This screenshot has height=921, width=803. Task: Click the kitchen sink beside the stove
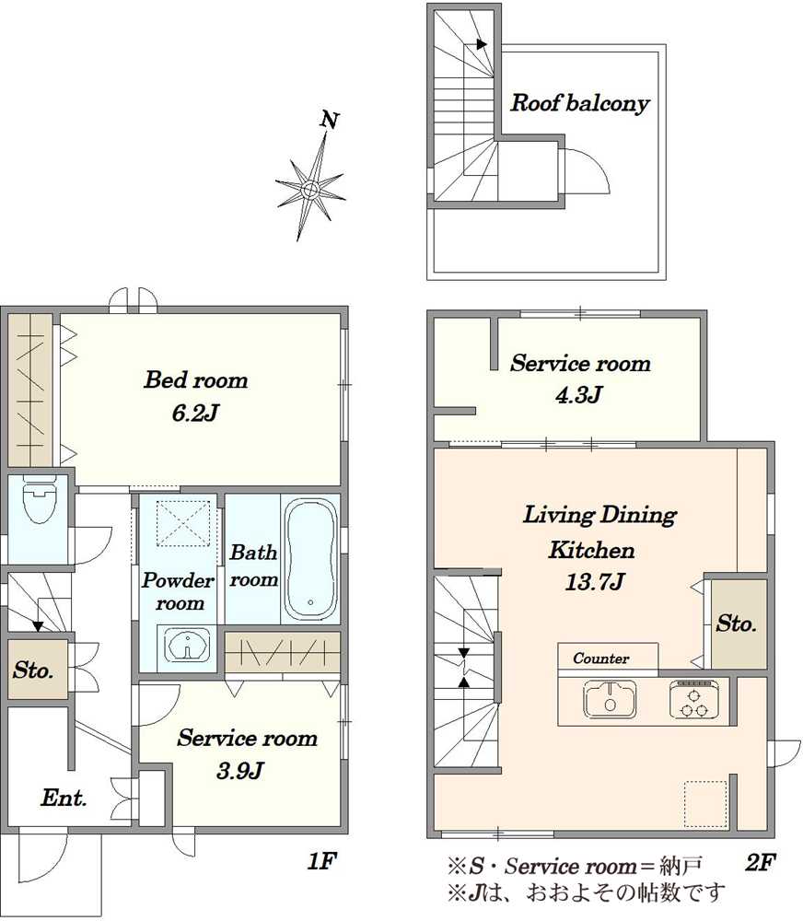pyautogui.click(x=610, y=698)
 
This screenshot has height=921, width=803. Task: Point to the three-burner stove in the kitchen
pyautogui.click(x=693, y=699)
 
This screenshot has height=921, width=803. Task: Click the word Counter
pyautogui.click(x=600, y=659)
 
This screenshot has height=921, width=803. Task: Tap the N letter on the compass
pyautogui.click(x=329, y=120)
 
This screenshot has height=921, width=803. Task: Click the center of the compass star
pyautogui.click(x=310, y=189)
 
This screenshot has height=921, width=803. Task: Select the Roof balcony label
pyautogui.click(x=580, y=103)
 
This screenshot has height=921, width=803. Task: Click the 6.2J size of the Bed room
pyautogui.click(x=195, y=413)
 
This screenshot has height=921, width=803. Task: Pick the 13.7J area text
pyautogui.click(x=595, y=581)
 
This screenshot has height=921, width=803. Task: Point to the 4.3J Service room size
pyautogui.click(x=578, y=394)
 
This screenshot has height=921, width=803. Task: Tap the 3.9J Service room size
pyautogui.click(x=239, y=770)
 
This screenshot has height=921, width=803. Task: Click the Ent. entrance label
pyautogui.click(x=64, y=797)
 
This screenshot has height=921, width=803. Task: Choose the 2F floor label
pyautogui.click(x=760, y=862)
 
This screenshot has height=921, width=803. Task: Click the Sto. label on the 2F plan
pyautogui.click(x=736, y=624)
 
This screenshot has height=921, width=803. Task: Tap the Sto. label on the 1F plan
pyautogui.click(x=33, y=670)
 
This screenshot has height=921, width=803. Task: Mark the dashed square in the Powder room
pyautogui.click(x=183, y=524)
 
